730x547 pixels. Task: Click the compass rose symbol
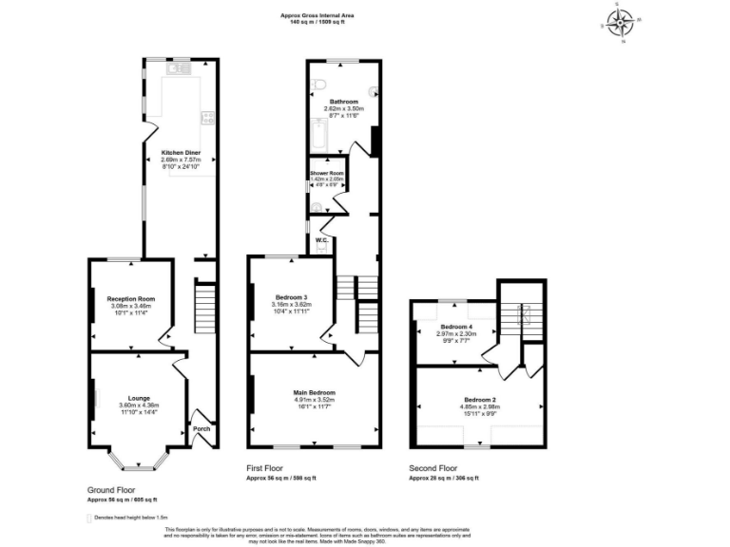pos(622,23)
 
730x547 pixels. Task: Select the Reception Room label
pos(131,299)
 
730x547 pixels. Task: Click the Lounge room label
pos(139,399)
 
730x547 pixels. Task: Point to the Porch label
pos(202,428)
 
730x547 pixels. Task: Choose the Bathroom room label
pos(343,102)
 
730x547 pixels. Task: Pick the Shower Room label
pos(326,173)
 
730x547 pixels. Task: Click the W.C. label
pos(322,239)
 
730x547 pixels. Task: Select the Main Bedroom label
pos(314,392)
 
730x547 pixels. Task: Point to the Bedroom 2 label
pos(480,400)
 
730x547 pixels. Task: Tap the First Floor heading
pos(265,468)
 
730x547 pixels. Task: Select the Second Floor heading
pos(433,468)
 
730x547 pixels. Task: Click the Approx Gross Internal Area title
pos(317,14)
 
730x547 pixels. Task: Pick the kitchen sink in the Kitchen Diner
pos(179,68)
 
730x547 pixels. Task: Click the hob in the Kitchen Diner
pos(207,118)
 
